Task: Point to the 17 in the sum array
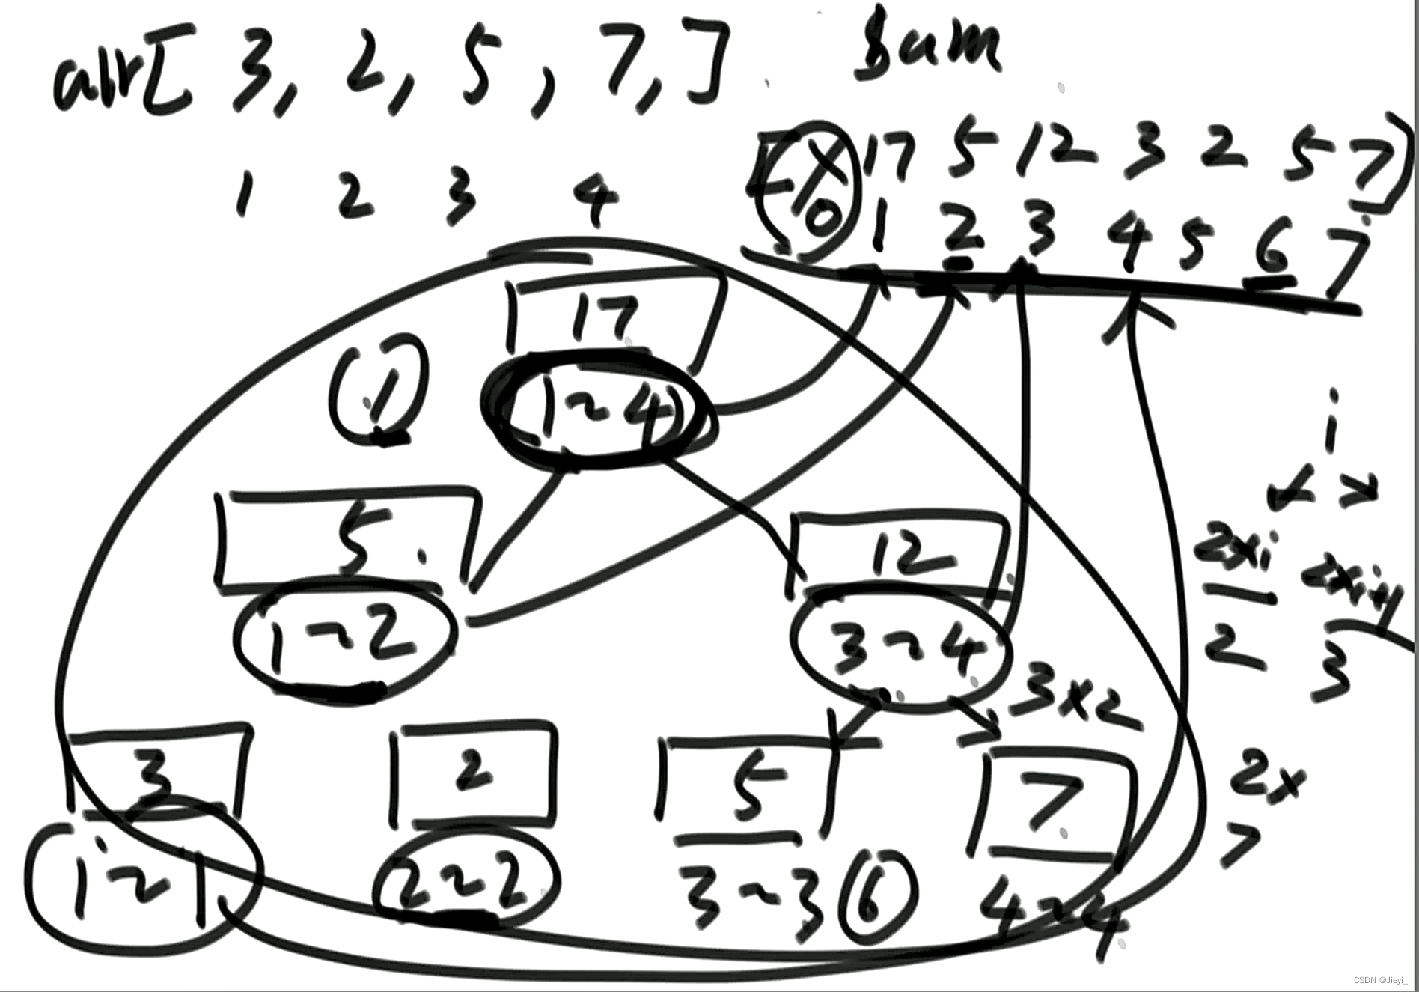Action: coord(891,157)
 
